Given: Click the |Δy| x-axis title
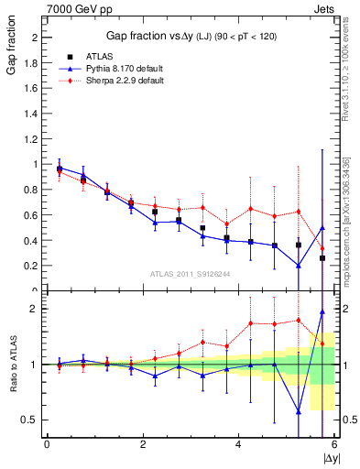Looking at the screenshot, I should pos(331,457).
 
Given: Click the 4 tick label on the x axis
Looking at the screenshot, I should pos(238,444).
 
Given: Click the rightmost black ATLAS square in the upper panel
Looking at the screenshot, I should pos(322,258).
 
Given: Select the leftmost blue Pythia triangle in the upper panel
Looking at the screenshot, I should pos(60,169).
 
